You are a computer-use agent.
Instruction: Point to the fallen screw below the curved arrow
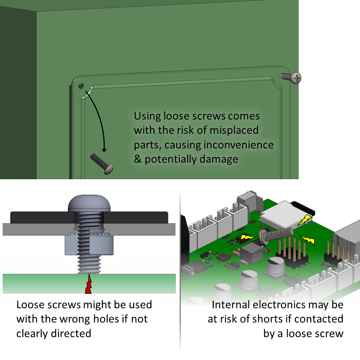[x=102, y=163]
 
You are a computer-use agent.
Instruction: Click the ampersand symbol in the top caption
[x=138, y=159]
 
